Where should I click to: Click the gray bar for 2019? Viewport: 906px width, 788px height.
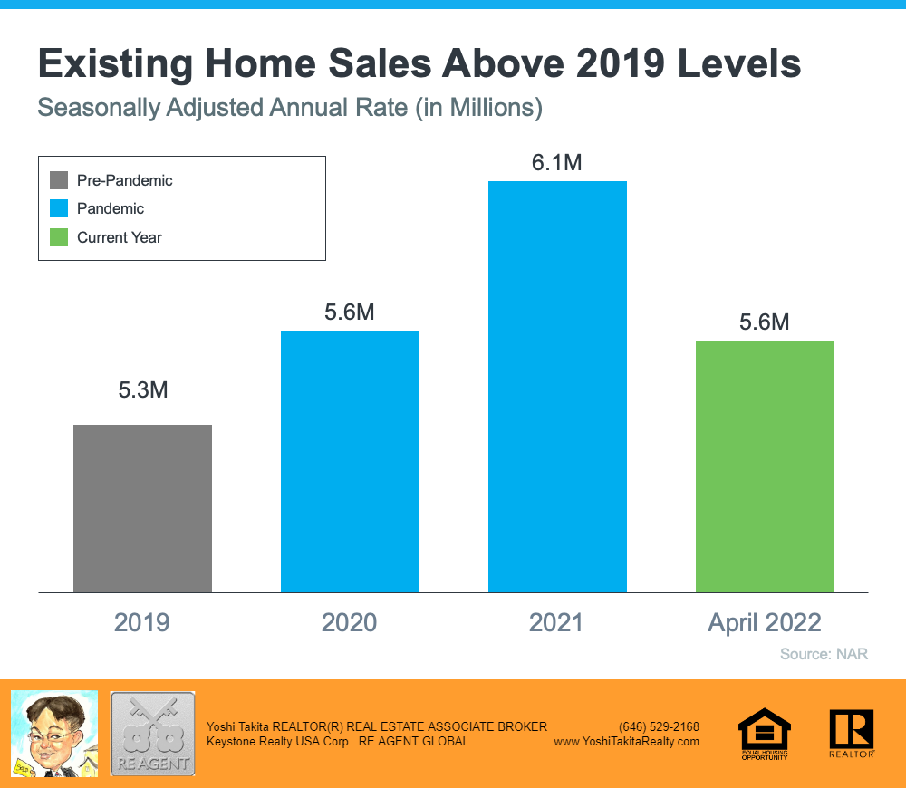(x=142, y=508)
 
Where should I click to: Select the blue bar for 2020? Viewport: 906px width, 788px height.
(x=350, y=461)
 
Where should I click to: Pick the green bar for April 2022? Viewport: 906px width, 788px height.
(x=765, y=466)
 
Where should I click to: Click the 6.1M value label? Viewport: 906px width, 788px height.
(x=557, y=163)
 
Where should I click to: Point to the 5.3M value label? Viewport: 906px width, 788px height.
(x=143, y=391)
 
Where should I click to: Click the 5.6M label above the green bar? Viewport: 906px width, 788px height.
(x=765, y=322)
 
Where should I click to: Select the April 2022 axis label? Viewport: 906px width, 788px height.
(x=765, y=623)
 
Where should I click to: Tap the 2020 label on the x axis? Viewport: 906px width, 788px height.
(x=350, y=623)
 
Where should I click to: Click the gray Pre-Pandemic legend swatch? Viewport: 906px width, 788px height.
(x=59, y=180)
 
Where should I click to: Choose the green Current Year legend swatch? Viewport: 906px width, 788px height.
(x=59, y=237)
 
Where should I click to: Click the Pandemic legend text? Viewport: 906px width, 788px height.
(x=111, y=208)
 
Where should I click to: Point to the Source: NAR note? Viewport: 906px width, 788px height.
(x=824, y=654)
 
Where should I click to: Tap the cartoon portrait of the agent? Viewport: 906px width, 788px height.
(x=53, y=733)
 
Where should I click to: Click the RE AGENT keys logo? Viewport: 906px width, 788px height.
(x=152, y=733)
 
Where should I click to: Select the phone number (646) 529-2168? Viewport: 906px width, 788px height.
(x=659, y=726)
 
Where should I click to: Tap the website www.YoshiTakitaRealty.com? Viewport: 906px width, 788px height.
(x=627, y=741)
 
